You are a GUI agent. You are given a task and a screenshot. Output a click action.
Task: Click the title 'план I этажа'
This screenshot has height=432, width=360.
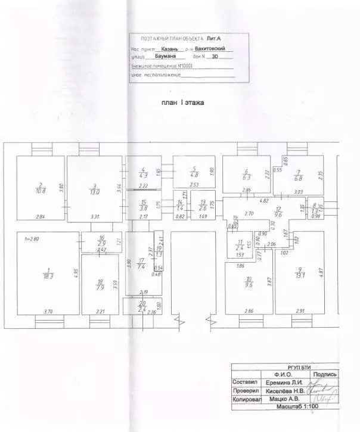pos(182,102)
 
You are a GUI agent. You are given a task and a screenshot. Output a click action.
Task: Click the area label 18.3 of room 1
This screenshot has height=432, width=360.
pos(45,276)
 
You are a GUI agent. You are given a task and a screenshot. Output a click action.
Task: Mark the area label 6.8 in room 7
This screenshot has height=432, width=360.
pos(299,177)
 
